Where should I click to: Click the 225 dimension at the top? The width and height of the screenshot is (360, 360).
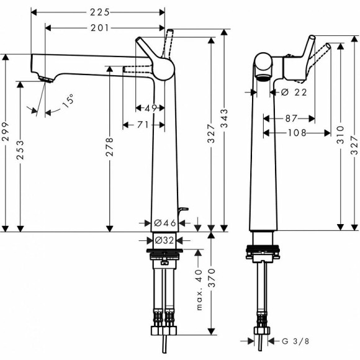coord(100,12)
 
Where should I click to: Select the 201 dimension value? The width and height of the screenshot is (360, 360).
coord(100,27)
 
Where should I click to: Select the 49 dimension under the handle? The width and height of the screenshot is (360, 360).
coord(150,108)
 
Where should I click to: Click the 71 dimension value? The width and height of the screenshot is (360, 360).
coord(143,125)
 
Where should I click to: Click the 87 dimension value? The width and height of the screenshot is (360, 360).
coord(289,117)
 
